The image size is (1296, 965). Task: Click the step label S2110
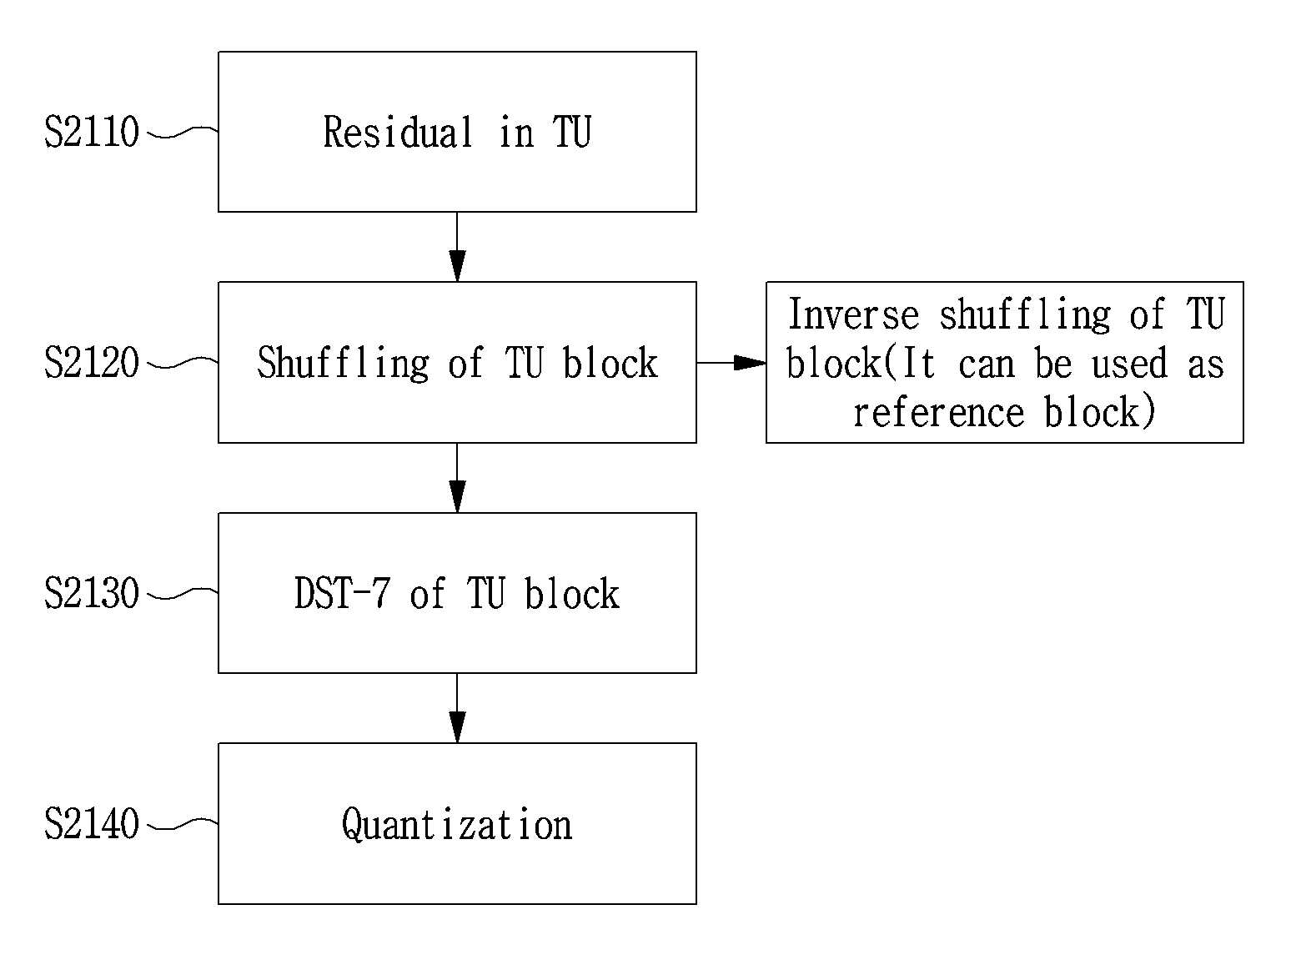(92, 132)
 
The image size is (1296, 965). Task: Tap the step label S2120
(92, 362)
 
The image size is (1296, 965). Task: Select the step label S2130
(92, 593)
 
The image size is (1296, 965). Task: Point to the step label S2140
(92, 824)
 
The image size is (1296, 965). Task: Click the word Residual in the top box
(398, 132)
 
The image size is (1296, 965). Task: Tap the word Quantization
(457, 825)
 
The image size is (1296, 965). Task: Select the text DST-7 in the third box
(342, 593)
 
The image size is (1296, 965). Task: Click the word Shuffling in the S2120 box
(343, 364)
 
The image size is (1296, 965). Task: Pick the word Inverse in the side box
(854, 314)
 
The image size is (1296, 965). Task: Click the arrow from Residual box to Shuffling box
(457, 247)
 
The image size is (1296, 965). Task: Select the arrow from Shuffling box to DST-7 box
(457, 478)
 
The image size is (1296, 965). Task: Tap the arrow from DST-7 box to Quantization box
(457, 708)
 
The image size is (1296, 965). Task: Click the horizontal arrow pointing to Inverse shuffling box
(731, 362)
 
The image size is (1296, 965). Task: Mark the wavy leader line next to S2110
(183, 132)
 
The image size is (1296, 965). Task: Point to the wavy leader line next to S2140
(183, 824)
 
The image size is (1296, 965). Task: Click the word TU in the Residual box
(572, 132)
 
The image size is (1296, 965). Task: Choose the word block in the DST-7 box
(571, 593)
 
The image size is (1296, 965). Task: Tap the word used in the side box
(1129, 363)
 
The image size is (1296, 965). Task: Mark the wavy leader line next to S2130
(183, 593)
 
